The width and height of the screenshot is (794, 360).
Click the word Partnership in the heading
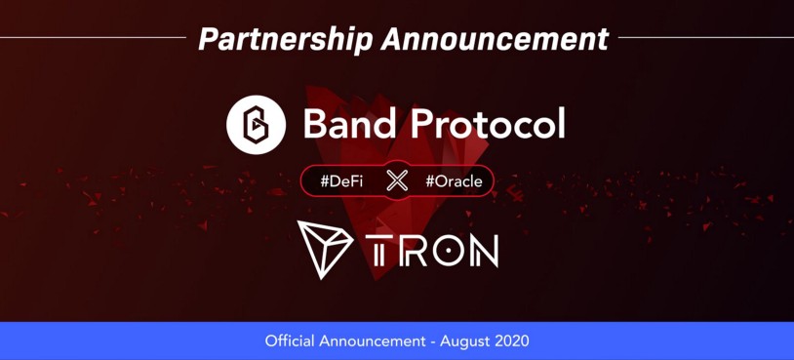click(x=286, y=39)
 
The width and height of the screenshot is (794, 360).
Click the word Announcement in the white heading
click(x=495, y=38)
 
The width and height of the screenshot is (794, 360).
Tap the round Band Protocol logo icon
click(x=256, y=125)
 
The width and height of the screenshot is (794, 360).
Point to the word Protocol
click(x=488, y=124)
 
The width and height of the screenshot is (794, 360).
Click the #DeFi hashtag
click(x=341, y=181)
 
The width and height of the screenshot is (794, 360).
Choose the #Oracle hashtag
click(x=454, y=181)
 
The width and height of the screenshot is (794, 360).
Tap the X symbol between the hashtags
click(x=397, y=180)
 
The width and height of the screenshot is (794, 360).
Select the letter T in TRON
click(x=377, y=251)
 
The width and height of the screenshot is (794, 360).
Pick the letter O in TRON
click(x=445, y=251)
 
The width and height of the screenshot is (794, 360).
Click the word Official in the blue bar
click(x=290, y=340)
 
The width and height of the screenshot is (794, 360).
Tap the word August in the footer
click(x=462, y=341)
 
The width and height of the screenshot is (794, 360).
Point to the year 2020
click(x=509, y=340)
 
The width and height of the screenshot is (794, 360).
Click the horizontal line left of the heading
click(x=94, y=37)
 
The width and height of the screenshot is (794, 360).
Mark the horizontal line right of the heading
click(x=706, y=37)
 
